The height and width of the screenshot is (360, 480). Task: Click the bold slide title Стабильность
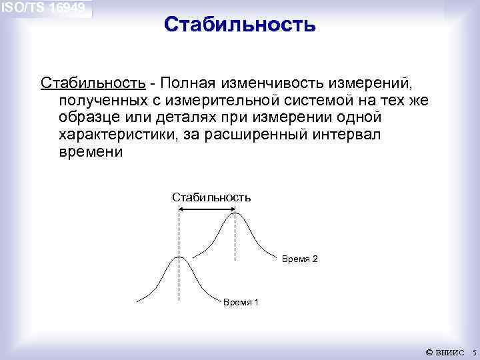[239, 25]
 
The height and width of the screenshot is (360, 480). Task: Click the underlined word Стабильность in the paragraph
[93, 83]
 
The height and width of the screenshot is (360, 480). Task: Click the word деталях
[180, 117]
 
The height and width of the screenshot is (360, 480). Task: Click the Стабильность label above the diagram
[211, 197]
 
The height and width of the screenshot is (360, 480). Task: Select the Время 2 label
[300, 259]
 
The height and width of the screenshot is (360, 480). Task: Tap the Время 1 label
[241, 303]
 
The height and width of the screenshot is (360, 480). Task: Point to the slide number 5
[473, 352]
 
